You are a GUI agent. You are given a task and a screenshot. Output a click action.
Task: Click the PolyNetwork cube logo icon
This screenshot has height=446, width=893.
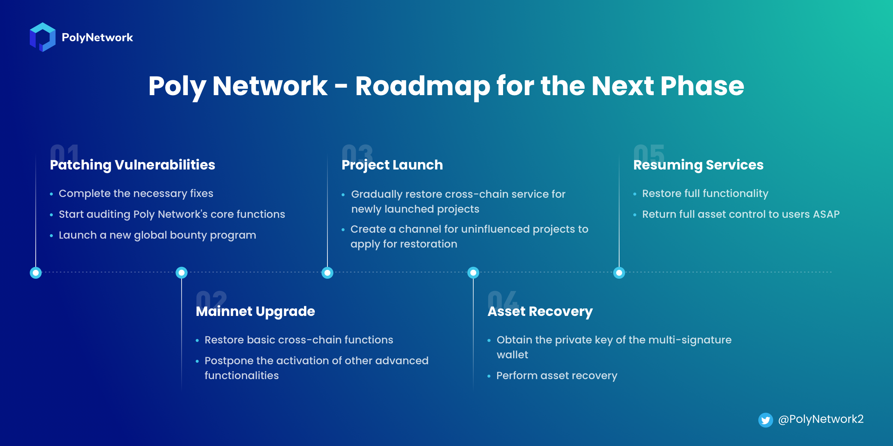pyautogui.click(x=42, y=37)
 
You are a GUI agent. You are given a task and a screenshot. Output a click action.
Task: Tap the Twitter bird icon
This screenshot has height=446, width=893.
pyautogui.click(x=765, y=420)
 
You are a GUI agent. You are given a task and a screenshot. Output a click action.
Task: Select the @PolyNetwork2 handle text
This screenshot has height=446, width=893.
pyautogui.click(x=821, y=419)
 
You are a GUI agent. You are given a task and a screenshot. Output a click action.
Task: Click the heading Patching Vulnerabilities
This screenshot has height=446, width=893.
pyautogui.click(x=132, y=165)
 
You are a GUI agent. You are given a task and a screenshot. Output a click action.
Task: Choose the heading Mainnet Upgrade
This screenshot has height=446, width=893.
pyautogui.click(x=255, y=311)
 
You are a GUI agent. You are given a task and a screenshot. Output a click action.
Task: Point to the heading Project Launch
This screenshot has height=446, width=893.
pyautogui.click(x=392, y=165)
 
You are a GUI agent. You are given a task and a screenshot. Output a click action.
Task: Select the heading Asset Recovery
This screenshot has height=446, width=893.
pyautogui.click(x=540, y=311)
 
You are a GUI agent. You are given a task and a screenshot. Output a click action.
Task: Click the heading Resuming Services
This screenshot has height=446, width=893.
pyautogui.click(x=698, y=165)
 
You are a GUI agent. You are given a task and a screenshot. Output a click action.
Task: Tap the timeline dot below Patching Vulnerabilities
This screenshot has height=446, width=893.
pyautogui.click(x=36, y=273)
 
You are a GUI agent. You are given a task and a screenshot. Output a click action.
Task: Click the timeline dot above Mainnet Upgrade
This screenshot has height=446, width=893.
pyautogui.click(x=182, y=273)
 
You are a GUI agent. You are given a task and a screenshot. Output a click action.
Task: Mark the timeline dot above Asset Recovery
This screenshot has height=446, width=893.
pyautogui.click(x=473, y=273)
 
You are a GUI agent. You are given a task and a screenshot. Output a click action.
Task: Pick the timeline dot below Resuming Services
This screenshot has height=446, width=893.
pyautogui.click(x=619, y=273)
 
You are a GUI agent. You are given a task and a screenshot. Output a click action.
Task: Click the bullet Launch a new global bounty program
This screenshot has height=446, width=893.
pyautogui.click(x=157, y=235)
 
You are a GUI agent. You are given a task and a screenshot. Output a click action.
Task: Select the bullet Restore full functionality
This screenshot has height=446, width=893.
pyautogui.click(x=705, y=194)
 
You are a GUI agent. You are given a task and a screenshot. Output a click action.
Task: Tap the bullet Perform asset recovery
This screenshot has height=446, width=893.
pyautogui.click(x=557, y=376)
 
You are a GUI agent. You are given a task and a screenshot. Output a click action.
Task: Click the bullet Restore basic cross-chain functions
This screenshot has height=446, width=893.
pyautogui.click(x=299, y=340)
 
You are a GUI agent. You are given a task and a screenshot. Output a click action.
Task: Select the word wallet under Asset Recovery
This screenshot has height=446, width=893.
pyautogui.click(x=512, y=355)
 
